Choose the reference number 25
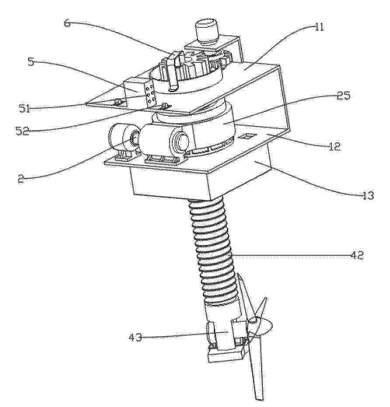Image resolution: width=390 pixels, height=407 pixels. coord(343,96)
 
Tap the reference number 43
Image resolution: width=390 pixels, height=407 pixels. coord(135,337)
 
